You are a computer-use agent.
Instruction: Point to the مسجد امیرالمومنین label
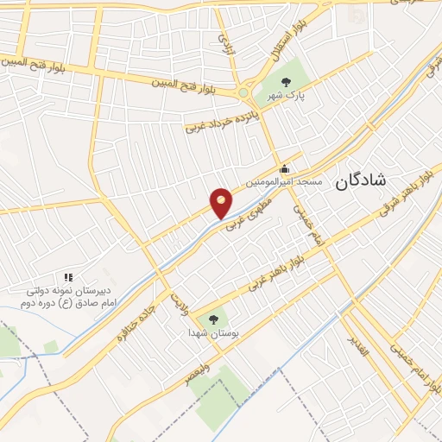pyautogui.click(x=284, y=183)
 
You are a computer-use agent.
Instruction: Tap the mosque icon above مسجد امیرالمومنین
pyautogui.click(x=284, y=169)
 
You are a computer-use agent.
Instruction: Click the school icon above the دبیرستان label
pyautogui.click(x=67, y=278)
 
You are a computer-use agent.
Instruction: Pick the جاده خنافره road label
pyautogui.click(x=138, y=322)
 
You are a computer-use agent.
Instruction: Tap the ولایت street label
pyautogui.click(x=177, y=300)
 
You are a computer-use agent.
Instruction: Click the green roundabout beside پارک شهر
pyautogui.click(x=243, y=92)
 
